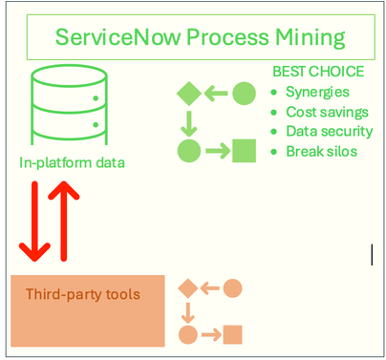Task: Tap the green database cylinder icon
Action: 66,105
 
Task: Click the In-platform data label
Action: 73,162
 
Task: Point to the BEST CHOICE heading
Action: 318,72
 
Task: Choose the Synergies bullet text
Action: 318,93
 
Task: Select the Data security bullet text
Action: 329,131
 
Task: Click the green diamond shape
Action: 189,94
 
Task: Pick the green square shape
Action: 245,149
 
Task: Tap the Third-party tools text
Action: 83,293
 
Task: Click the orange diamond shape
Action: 188,287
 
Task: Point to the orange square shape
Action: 232,334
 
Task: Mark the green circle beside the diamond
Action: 245,94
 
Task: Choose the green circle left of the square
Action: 189,149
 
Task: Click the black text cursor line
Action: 372,253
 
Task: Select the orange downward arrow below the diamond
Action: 188,312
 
